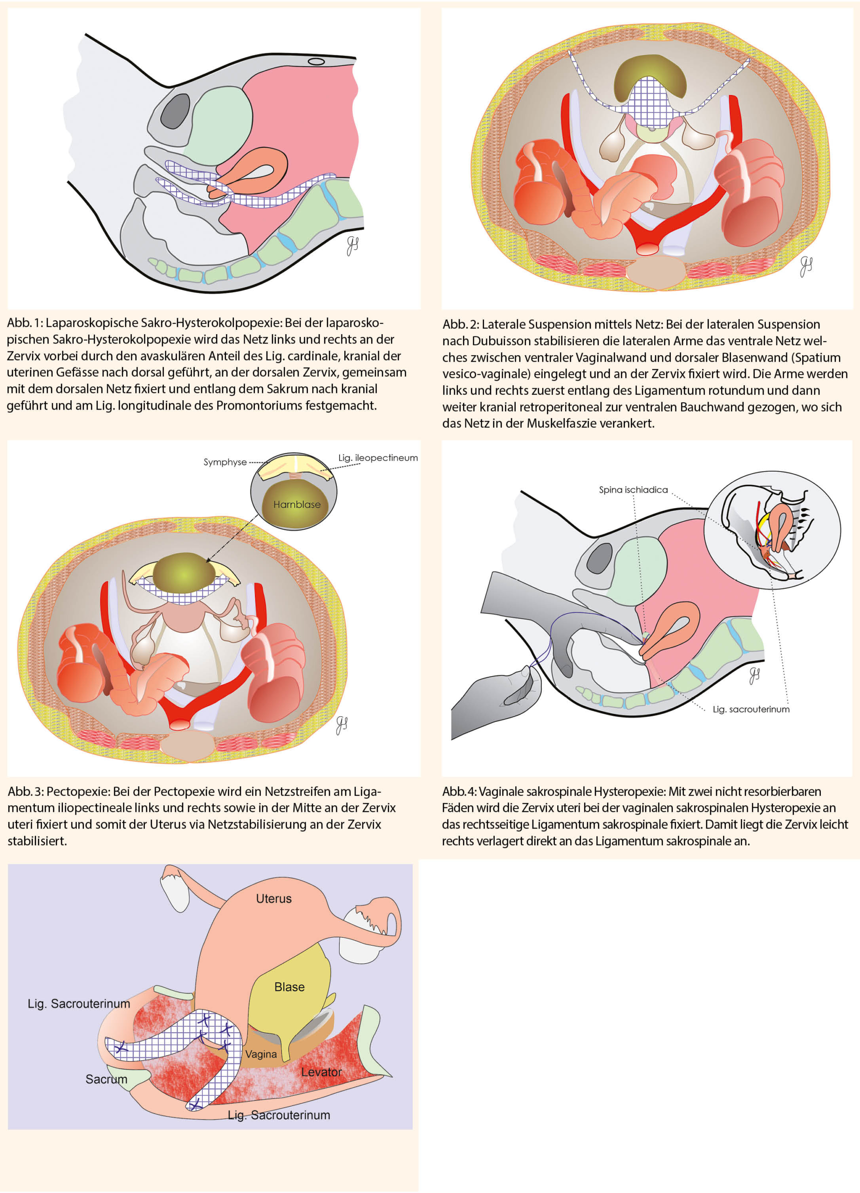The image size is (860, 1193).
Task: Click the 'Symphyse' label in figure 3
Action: click(x=225, y=462)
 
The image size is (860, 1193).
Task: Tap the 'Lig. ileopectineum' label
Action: click(x=378, y=458)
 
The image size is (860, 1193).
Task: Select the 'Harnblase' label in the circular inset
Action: click(x=297, y=504)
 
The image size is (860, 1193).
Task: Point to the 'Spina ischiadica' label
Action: click(x=633, y=490)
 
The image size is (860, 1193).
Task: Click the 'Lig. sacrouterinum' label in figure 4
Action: click(x=751, y=709)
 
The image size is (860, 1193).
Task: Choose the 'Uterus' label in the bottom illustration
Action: click(x=273, y=898)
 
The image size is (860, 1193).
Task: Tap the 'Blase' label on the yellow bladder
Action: click(x=289, y=987)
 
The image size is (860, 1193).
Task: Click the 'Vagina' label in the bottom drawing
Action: click(x=261, y=1054)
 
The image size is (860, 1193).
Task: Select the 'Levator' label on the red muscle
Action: click(x=321, y=1072)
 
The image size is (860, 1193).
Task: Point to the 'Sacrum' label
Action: click(x=106, y=1079)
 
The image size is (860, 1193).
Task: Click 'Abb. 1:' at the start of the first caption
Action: click(x=24, y=323)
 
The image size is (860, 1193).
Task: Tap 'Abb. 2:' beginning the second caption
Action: click(x=460, y=324)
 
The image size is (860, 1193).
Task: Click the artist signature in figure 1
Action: click(x=352, y=246)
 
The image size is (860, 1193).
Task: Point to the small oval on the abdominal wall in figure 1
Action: click(x=316, y=62)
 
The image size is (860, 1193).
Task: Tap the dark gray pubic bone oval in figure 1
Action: click(x=175, y=111)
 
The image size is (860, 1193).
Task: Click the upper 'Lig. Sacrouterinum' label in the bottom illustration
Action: click(x=79, y=1004)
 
